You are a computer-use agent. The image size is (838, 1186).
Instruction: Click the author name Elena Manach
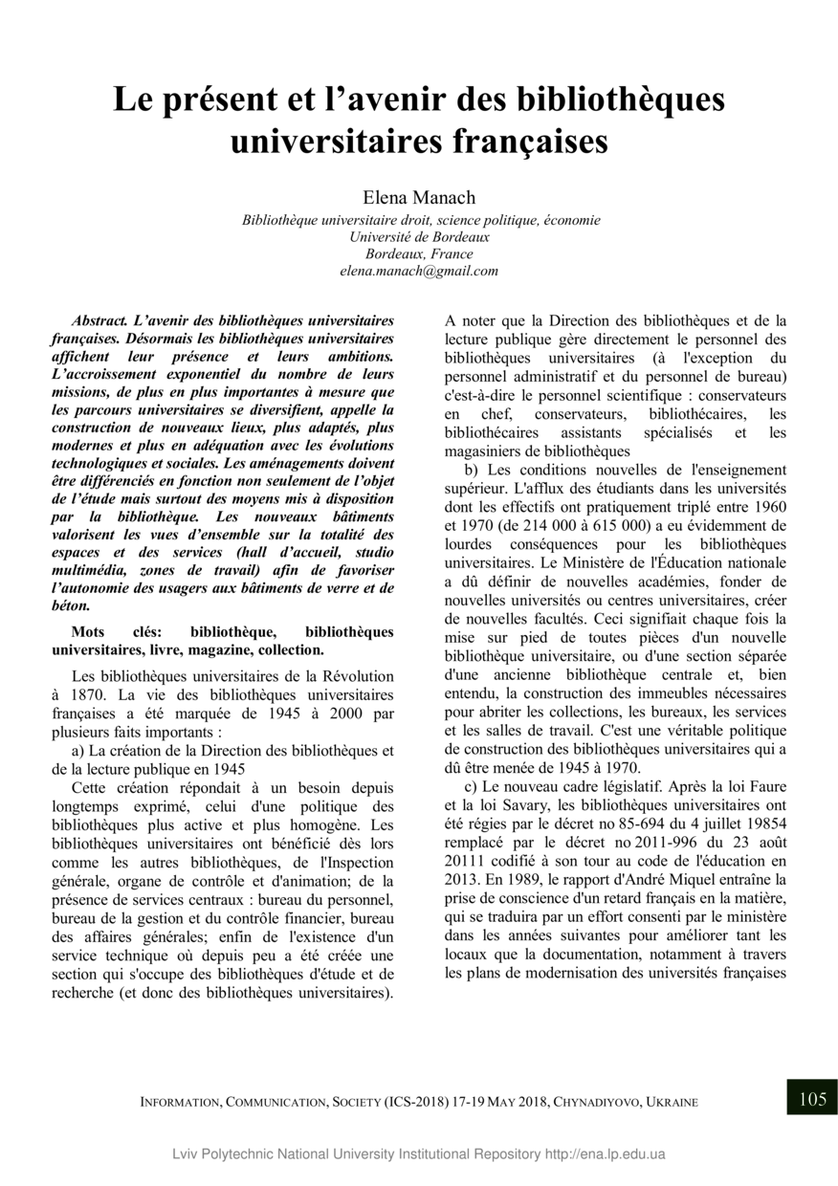pos(419,198)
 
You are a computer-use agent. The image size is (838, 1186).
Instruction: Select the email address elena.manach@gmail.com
pos(419,271)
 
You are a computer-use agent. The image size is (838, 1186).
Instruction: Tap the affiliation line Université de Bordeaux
pos(419,236)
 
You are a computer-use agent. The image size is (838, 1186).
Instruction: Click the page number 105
pos(811,1098)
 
